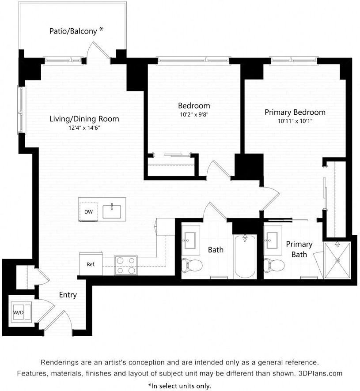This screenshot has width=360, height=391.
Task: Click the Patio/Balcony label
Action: (72, 31)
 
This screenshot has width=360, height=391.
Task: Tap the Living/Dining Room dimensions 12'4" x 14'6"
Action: (84, 128)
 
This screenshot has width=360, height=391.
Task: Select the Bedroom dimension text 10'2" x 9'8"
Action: (194, 114)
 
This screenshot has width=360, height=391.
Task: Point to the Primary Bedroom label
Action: (295, 112)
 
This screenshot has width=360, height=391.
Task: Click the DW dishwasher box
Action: (88, 212)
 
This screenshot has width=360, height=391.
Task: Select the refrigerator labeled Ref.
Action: (91, 264)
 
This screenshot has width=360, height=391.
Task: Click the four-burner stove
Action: (125, 265)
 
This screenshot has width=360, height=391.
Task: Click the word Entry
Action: (68, 295)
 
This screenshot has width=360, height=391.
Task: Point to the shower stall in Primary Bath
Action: (337, 260)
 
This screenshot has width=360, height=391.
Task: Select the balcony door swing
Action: (98, 51)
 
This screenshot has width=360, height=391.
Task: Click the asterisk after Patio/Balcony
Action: (102, 30)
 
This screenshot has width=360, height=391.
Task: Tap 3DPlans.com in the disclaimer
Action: (319, 373)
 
